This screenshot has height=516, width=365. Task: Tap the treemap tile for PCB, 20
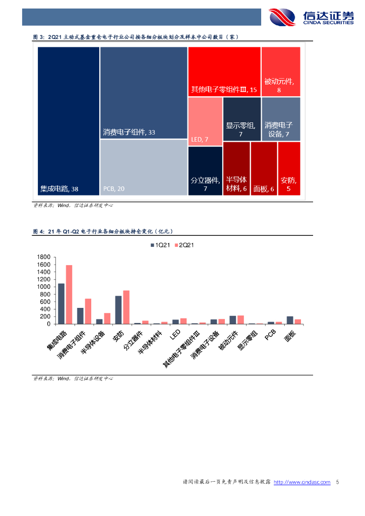[x=144, y=167]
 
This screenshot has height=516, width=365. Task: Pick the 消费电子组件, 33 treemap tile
[x=144, y=92]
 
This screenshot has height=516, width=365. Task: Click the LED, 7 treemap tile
[x=205, y=121]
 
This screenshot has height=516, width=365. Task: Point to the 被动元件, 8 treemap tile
[x=281, y=71]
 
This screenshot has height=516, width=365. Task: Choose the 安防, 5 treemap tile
[x=289, y=168]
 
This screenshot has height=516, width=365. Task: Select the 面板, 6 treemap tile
[x=264, y=168]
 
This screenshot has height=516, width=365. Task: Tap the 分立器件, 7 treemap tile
[x=205, y=170]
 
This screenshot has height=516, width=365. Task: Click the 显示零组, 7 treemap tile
[x=241, y=119]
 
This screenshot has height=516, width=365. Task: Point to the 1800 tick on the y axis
[x=44, y=257]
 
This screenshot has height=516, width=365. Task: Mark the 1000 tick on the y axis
[x=44, y=287]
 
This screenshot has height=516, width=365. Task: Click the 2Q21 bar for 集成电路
[x=69, y=294]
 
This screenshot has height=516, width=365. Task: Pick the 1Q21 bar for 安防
[x=118, y=309]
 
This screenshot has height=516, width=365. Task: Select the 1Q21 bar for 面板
[x=290, y=320]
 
